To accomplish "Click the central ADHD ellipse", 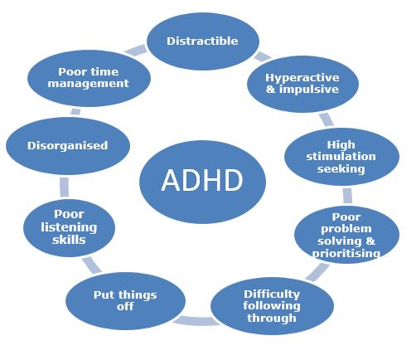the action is click(x=202, y=182).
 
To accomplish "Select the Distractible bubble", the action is click(x=203, y=41).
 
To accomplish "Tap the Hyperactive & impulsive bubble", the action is click(x=302, y=84).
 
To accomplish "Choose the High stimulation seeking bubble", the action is click(x=341, y=157).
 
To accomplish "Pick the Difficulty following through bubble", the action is click(x=272, y=306).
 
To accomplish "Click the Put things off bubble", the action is click(x=125, y=301).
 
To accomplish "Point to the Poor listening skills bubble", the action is click(x=69, y=228).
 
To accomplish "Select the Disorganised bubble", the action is click(x=68, y=146).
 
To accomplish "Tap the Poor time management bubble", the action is click(x=89, y=78).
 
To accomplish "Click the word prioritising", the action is click(x=346, y=253).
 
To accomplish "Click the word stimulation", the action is click(x=341, y=157).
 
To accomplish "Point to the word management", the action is click(x=89, y=84).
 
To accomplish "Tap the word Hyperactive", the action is click(x=302, y=78).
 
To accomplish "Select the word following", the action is click(x=272, y=306).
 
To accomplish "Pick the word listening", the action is click(x=69, y=227).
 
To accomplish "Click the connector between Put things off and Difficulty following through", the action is click(x=196, y=321).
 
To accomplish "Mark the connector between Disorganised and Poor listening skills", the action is click(x=65, y=187).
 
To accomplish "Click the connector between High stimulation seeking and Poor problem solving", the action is click(x=347, y=196).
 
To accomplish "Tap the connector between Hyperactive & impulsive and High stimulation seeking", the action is click(x=327, y=119).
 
